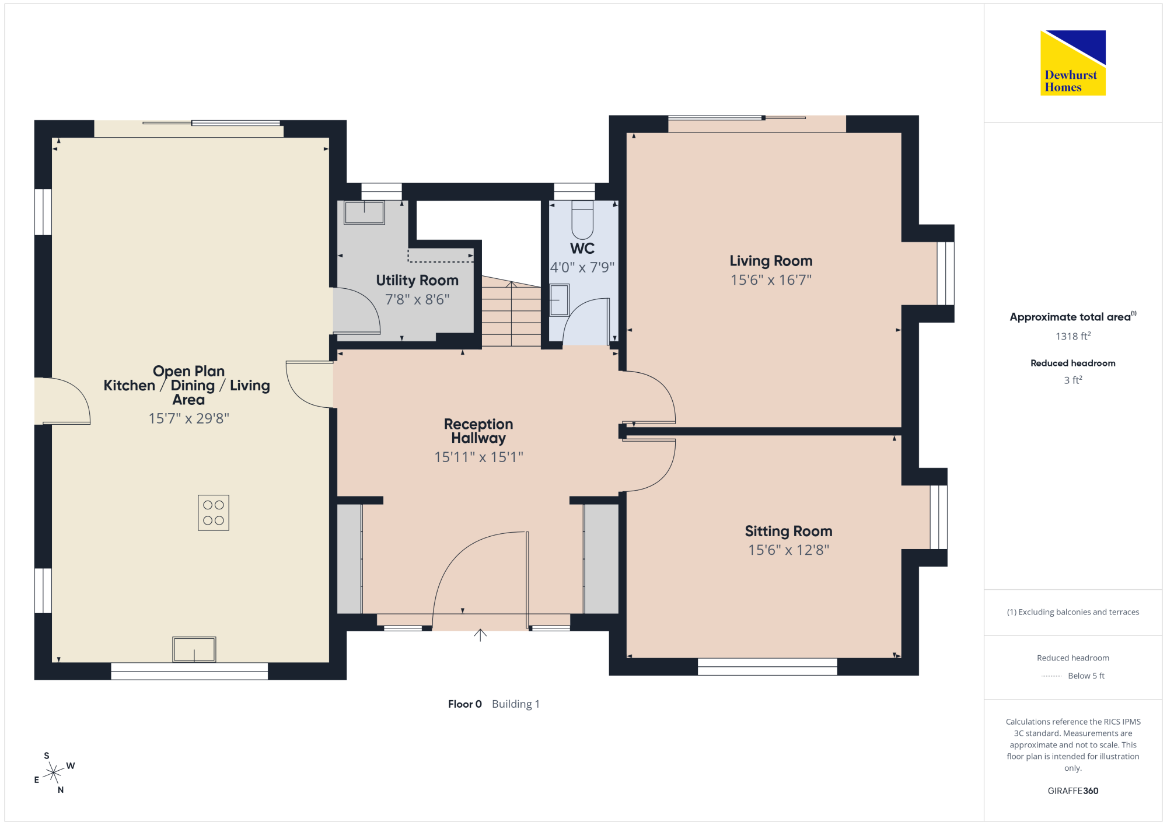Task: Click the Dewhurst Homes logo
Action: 1073,62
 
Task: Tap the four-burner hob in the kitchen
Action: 214,513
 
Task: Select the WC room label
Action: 582,249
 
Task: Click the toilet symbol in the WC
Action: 582,219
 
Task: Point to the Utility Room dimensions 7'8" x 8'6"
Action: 417,299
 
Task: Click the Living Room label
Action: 771,261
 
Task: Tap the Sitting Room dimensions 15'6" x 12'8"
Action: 789,550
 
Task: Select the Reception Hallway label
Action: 478,431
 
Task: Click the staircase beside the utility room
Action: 512,312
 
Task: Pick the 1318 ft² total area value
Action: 1073,336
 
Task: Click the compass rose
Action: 54,773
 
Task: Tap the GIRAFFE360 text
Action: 1073,791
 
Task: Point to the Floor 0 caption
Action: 465,704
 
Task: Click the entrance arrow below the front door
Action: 480,635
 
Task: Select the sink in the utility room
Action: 365,213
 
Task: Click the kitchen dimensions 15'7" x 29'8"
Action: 188,418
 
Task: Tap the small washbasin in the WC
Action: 559,300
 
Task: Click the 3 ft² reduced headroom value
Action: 1073,380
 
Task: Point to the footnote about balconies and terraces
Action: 1073,612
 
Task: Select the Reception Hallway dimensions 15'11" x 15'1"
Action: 478,457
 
